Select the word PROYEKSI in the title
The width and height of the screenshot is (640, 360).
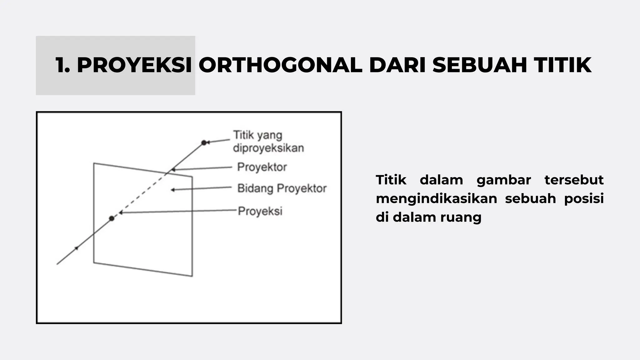coord(134,65)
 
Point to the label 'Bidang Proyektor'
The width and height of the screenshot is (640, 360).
coord(282,188)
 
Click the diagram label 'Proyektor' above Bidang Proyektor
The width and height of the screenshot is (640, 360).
coord(262,167)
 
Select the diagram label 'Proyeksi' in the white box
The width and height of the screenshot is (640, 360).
coord(260,211)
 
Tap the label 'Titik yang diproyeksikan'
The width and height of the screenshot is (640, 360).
coord(268,142)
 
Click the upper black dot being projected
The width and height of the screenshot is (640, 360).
coord(204,143)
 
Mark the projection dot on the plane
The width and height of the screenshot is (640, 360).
coord(112,218)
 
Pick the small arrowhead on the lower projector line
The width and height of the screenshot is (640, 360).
coord(76,248)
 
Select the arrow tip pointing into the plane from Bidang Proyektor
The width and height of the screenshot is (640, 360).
coord(172,190)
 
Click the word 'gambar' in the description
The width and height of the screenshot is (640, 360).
coord(504,180)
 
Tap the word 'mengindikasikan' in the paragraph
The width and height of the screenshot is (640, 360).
coord(436,199)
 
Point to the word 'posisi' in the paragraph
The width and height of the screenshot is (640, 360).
coord(584,199)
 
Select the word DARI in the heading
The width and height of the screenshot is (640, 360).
coord(397,65)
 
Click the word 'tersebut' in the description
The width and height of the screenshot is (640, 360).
coord(574,180)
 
